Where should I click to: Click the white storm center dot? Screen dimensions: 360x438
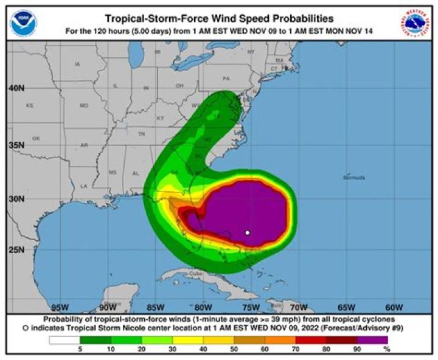(x=248, y=232)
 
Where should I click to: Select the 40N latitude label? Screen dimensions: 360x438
(x=17, y=88)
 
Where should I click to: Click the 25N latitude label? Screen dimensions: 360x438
(x=17, y=249)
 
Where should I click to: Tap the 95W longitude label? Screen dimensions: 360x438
(x=60, y=306)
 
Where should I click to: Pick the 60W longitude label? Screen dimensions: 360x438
(x=394, y=306)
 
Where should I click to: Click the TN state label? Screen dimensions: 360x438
(x=141, y=133)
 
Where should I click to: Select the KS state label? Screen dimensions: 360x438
(x=29, y=106)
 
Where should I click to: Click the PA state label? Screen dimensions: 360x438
(x=226, y=78)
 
